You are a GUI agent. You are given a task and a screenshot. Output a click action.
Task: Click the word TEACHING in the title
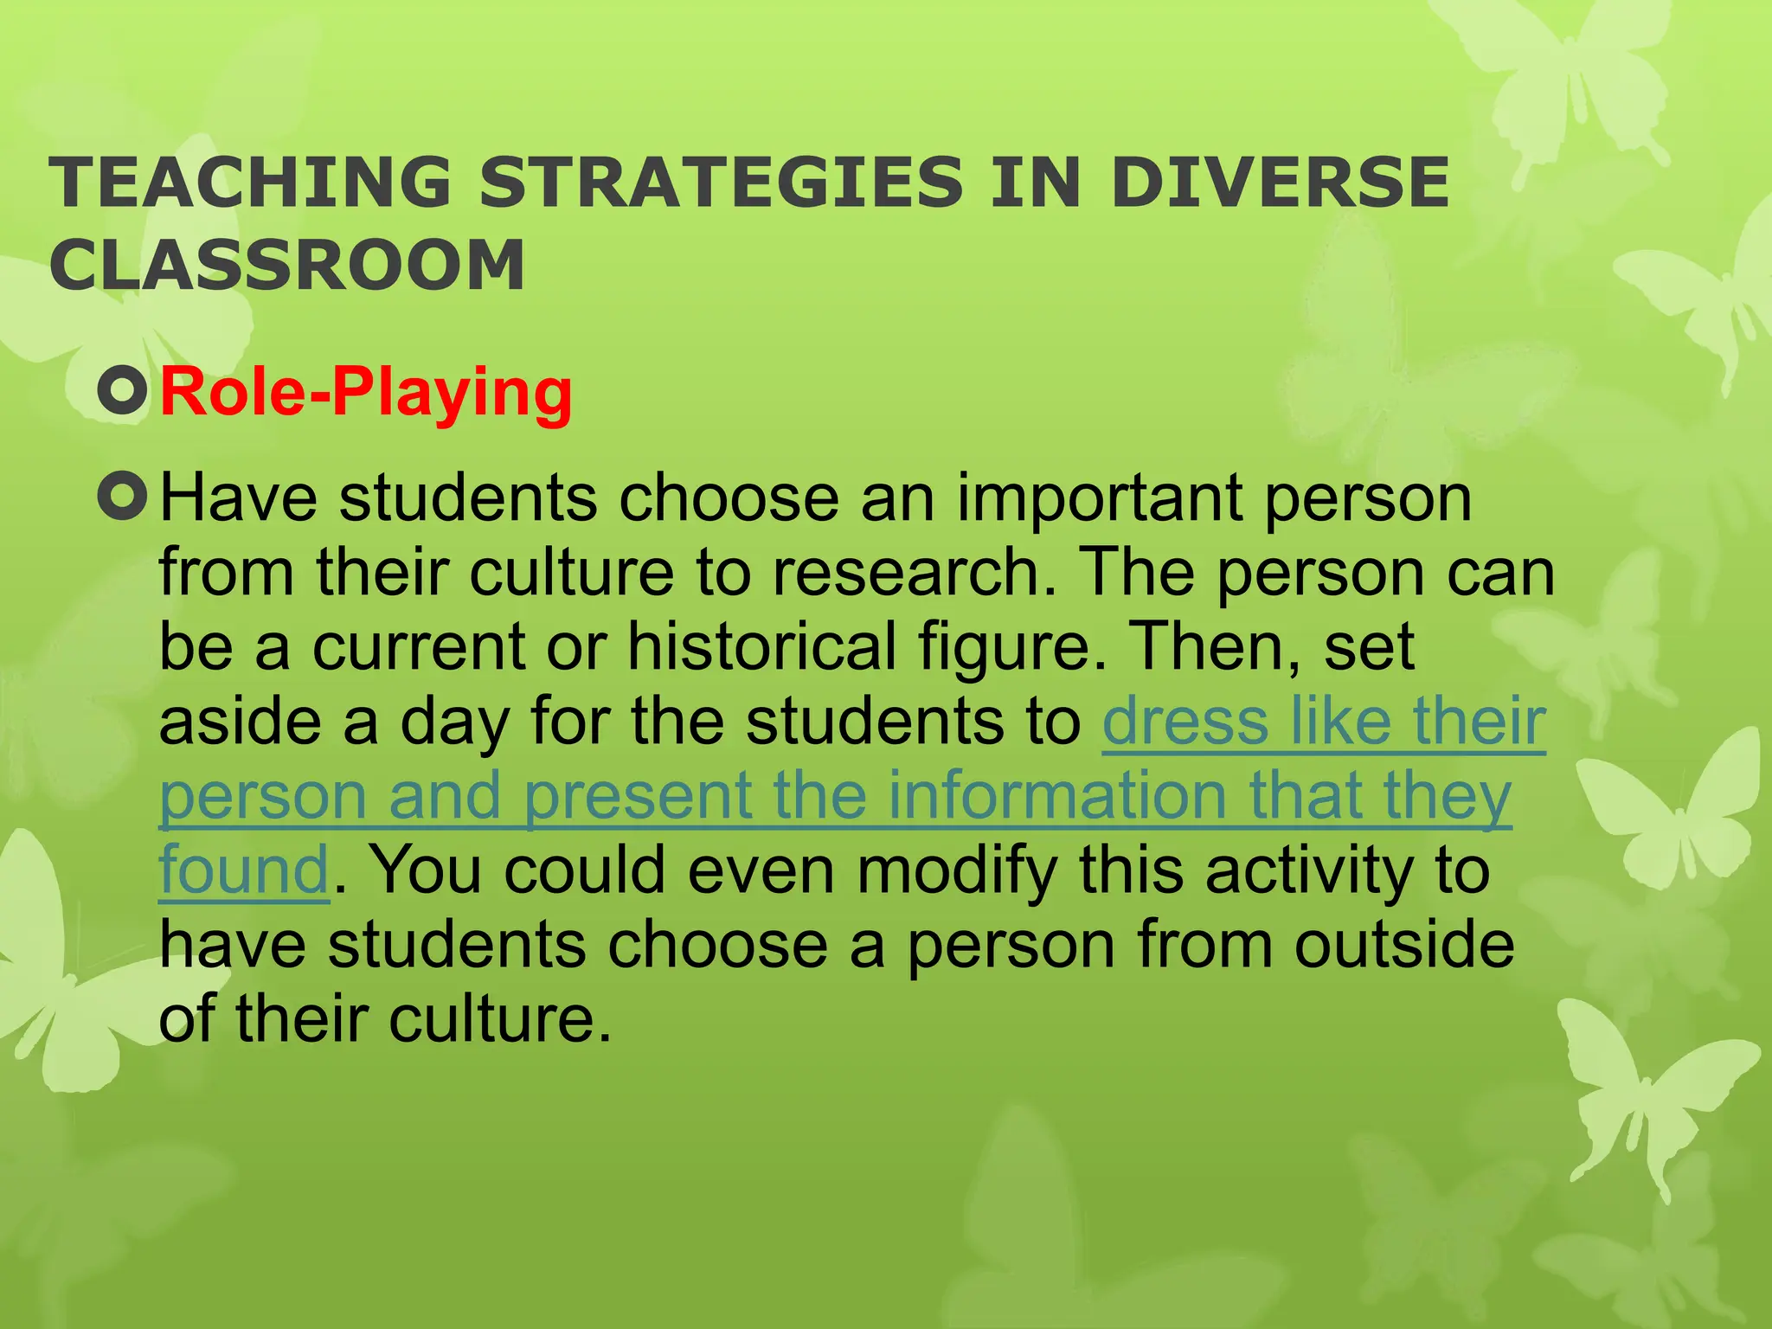(x=250, y=183)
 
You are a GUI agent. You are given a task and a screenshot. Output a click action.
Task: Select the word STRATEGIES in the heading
(x=721, y=183)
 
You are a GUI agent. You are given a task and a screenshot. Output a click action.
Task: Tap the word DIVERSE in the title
(x=1280, y=183)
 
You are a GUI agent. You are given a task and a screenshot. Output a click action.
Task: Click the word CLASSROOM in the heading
(x=287, y=265)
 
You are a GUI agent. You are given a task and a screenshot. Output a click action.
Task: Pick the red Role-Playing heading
(x=366, y=392)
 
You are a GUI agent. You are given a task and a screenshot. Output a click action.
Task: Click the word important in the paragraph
(x=1100, y=499)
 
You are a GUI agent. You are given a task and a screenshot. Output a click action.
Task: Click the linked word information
(x=1057, y=796)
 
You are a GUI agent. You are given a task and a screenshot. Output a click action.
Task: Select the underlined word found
(x=243, y=870)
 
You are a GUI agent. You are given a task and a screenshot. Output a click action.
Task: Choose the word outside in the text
(x=1404, y=945)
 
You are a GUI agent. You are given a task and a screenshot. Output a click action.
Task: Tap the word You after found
(x=426, y=870)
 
